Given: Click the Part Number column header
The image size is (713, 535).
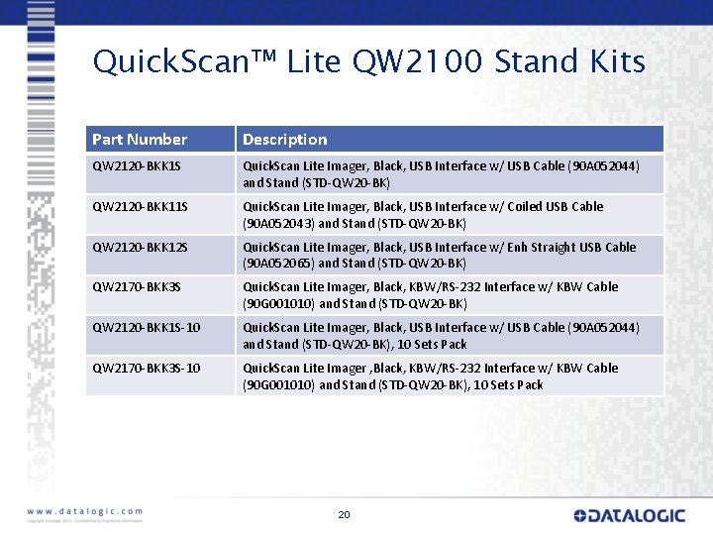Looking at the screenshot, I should click(x=140, y=140).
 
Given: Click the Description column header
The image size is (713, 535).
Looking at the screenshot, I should click(x=284, y=140).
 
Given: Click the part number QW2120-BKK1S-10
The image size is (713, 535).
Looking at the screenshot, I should click(x=147, y=328).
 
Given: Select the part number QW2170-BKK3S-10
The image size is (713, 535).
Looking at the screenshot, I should click(x=147, y=369).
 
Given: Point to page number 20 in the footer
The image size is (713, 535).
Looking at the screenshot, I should click(x=344, y=515).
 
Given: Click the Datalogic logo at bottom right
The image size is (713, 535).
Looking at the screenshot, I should click(x=629, y=515).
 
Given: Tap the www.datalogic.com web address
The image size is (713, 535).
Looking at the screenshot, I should click(x=84, y=510).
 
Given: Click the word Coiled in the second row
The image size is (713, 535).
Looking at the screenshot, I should click(x=550, y=207).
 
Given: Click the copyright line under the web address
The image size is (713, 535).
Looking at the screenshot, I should click(x=84, y=520).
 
